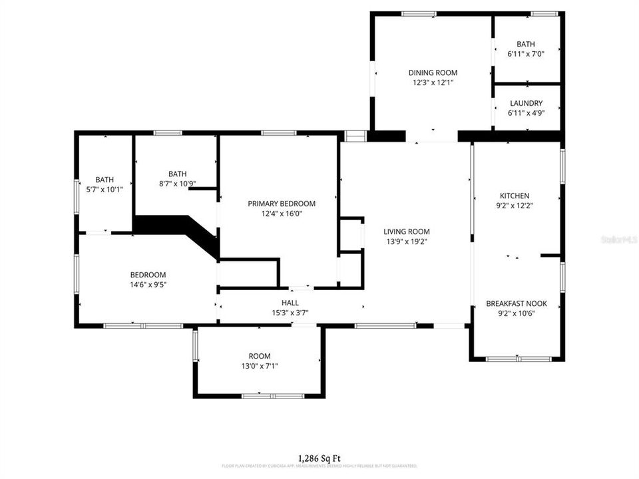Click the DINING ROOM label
433,73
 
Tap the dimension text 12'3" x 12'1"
433,83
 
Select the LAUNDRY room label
526,103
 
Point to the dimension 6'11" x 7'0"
526,54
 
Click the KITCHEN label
515,196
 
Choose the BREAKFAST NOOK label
517,303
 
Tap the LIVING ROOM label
407,232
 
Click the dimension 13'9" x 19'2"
407,241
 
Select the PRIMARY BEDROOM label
282,204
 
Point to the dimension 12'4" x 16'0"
282,214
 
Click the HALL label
290,303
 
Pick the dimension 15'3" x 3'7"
290,313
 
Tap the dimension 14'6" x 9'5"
148,285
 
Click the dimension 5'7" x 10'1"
105,189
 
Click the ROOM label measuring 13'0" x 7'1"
260,356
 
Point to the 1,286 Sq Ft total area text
319,458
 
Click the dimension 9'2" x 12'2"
515,206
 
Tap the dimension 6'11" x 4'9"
526,113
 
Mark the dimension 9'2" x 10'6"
517,313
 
